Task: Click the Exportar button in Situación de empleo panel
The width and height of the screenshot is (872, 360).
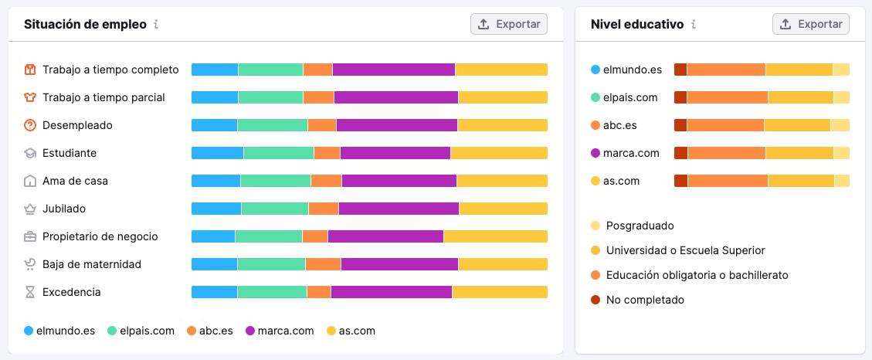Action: (509, 24)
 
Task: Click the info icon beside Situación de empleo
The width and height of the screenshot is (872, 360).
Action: (156, 24)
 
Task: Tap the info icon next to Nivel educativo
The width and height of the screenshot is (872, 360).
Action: (694, 24)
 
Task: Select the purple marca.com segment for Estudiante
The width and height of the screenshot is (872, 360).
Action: (395, 153)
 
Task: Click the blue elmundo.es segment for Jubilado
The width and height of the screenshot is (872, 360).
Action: (216, 209)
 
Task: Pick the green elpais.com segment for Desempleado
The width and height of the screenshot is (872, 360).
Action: (272, 125)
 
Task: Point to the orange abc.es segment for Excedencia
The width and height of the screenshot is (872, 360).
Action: (319, 292)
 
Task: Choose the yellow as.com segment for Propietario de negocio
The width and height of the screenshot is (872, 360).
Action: (495, 236)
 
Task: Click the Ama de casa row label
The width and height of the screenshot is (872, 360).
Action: (75, 181)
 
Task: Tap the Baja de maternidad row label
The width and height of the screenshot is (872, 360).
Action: (91, 264)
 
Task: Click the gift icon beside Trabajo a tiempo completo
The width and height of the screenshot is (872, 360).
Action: (30, 70)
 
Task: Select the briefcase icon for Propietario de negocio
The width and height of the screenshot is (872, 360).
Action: (30, 236)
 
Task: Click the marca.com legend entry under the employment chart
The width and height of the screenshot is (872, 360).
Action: (280, 331)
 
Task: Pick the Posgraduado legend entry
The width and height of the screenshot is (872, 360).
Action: (640, 226)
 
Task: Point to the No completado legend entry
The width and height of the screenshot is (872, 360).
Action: (644, 300)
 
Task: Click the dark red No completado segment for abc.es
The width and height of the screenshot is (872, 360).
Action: (680, 125)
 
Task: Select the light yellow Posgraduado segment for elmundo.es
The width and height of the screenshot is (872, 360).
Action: (841, 70)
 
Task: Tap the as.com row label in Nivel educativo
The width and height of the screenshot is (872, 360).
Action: (620, 181)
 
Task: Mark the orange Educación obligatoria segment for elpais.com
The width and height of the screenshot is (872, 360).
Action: (727, 97)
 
